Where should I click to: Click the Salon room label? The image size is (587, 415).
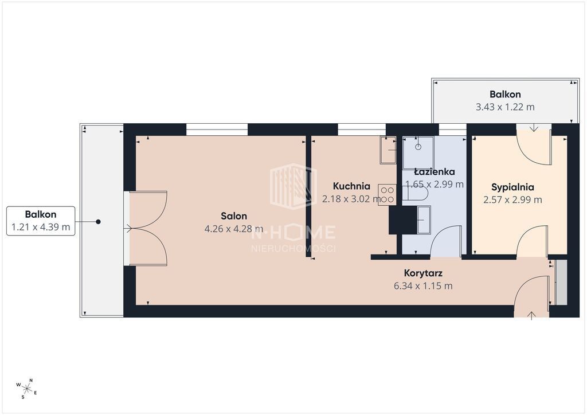(x=234, y=216)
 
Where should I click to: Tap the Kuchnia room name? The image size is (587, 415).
(x=351, y=186)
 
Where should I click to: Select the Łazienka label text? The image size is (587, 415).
(x=435, y=172)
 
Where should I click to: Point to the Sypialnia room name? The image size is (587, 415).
(x=512, y=187)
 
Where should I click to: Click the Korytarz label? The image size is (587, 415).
(x=423, y=273)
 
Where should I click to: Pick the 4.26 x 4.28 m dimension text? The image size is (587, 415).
(x=234, y=229)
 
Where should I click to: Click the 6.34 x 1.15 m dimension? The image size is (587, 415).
(x=423, y=286)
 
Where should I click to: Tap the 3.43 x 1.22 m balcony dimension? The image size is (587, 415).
(x=505, y=107)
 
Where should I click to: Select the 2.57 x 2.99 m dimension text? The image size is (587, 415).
(x=512, y=200)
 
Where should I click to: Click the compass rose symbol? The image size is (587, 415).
(x=26, y=389)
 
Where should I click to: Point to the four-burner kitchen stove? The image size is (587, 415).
(x=387, y=195)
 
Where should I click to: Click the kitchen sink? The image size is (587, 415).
(x=388, y=150)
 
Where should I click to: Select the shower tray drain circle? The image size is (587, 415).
(x=418, y=147)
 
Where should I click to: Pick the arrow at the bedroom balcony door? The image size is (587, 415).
(x=534, y=127)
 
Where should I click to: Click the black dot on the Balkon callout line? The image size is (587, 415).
(x=98, y=222)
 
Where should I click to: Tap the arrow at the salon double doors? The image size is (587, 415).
(x=128, y=228)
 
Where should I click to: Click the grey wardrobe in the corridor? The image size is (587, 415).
(x=561, y=283)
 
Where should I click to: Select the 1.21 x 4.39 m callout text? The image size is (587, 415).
(x=41, y=227)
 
